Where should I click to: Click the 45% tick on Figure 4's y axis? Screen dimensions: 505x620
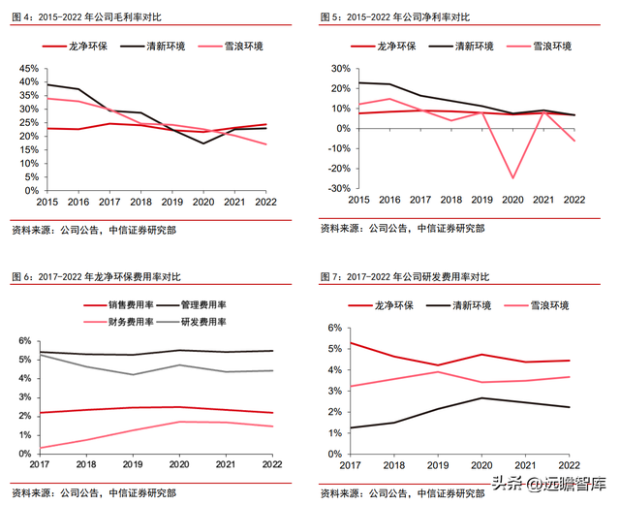point(27,69)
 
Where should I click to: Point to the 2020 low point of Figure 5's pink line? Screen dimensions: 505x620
point(513,177)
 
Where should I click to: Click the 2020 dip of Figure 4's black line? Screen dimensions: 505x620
point(203,143)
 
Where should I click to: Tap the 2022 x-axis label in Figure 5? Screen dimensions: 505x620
point(574,201)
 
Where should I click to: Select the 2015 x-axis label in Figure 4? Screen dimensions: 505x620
point(46,201)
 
